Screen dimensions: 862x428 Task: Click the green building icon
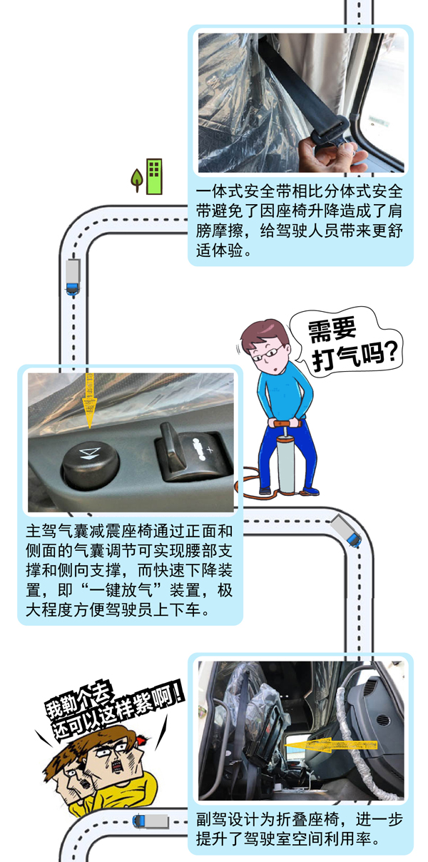pyautogui.click(x=154, y=176)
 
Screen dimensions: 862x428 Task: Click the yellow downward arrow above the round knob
pyautogui.click(x=90, y=400)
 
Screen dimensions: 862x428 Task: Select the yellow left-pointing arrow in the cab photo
pyautogui.click(x=317, y=745)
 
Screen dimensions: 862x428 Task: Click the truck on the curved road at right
pyautogui.click(x=345, y=531)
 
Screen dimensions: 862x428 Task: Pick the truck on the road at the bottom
pyautogui.click(x=151, y=821)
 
